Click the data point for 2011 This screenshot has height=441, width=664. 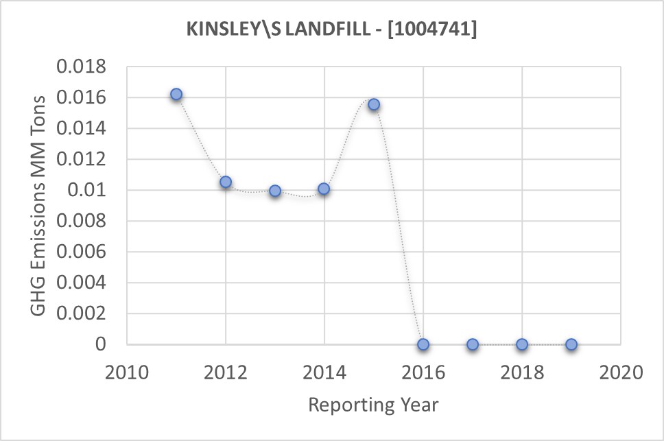click(176, 94)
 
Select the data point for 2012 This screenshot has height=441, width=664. click(226, 182)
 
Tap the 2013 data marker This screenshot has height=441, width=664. click(275, 191)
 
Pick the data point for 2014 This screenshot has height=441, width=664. click(324, 189)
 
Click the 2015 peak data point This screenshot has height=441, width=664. click(374, 104)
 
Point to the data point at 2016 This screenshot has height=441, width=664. click(423, 344)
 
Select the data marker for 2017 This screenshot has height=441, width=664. click(473, 344)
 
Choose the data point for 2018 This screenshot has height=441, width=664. click(522, 344)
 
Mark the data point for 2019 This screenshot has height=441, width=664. click(571, 344)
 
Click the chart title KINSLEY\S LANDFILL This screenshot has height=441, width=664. click(331, 29)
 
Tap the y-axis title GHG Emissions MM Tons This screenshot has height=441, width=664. click(40, 205)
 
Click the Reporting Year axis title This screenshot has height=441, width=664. click(373, 405)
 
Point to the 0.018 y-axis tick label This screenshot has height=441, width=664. click(82, 67)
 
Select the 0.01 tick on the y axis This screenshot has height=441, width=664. click(91, 190)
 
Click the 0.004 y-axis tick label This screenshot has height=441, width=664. click(82, 283)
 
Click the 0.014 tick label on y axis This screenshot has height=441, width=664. click(82, 128)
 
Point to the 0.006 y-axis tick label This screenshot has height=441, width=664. click(82, 252)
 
